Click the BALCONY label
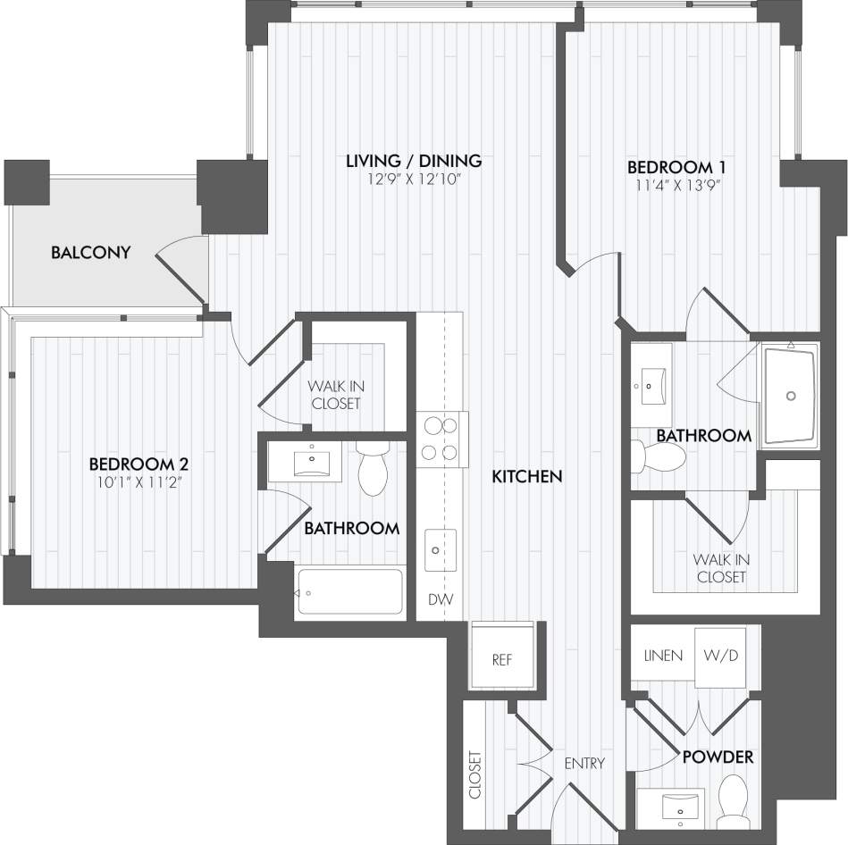[x=91, y=252]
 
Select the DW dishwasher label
[x=439, y=599]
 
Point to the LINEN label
[x=663, y=656]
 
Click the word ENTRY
[x=584, y=764]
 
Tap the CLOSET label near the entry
[x=475, y=774]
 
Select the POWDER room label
[x=718, y=757]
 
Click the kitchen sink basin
[x=440, y=549]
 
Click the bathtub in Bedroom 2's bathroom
[x=349, y=591]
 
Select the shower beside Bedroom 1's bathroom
[x=789, y=394]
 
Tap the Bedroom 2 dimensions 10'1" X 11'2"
[x=138, y=482]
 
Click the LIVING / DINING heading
[x=414, y=161]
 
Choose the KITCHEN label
[x=527, y=477]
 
